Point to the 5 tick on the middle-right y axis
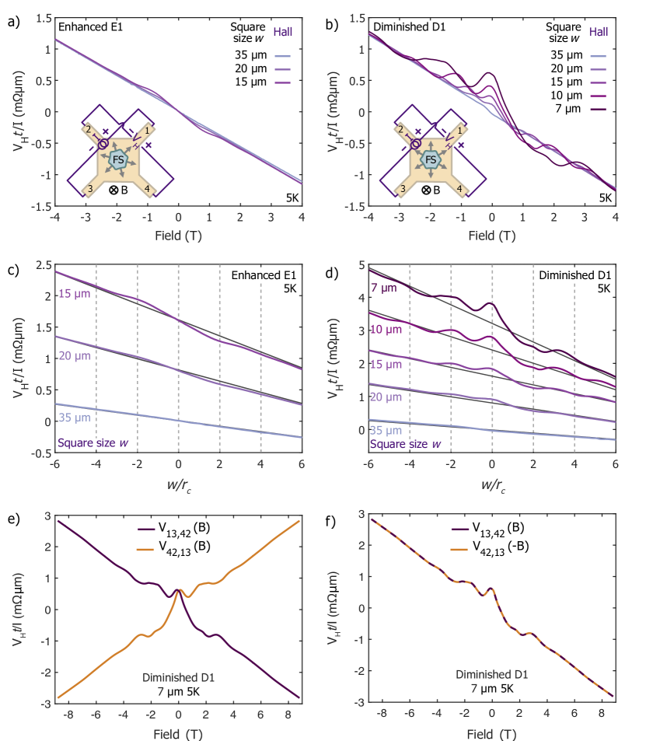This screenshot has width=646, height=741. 359,266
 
